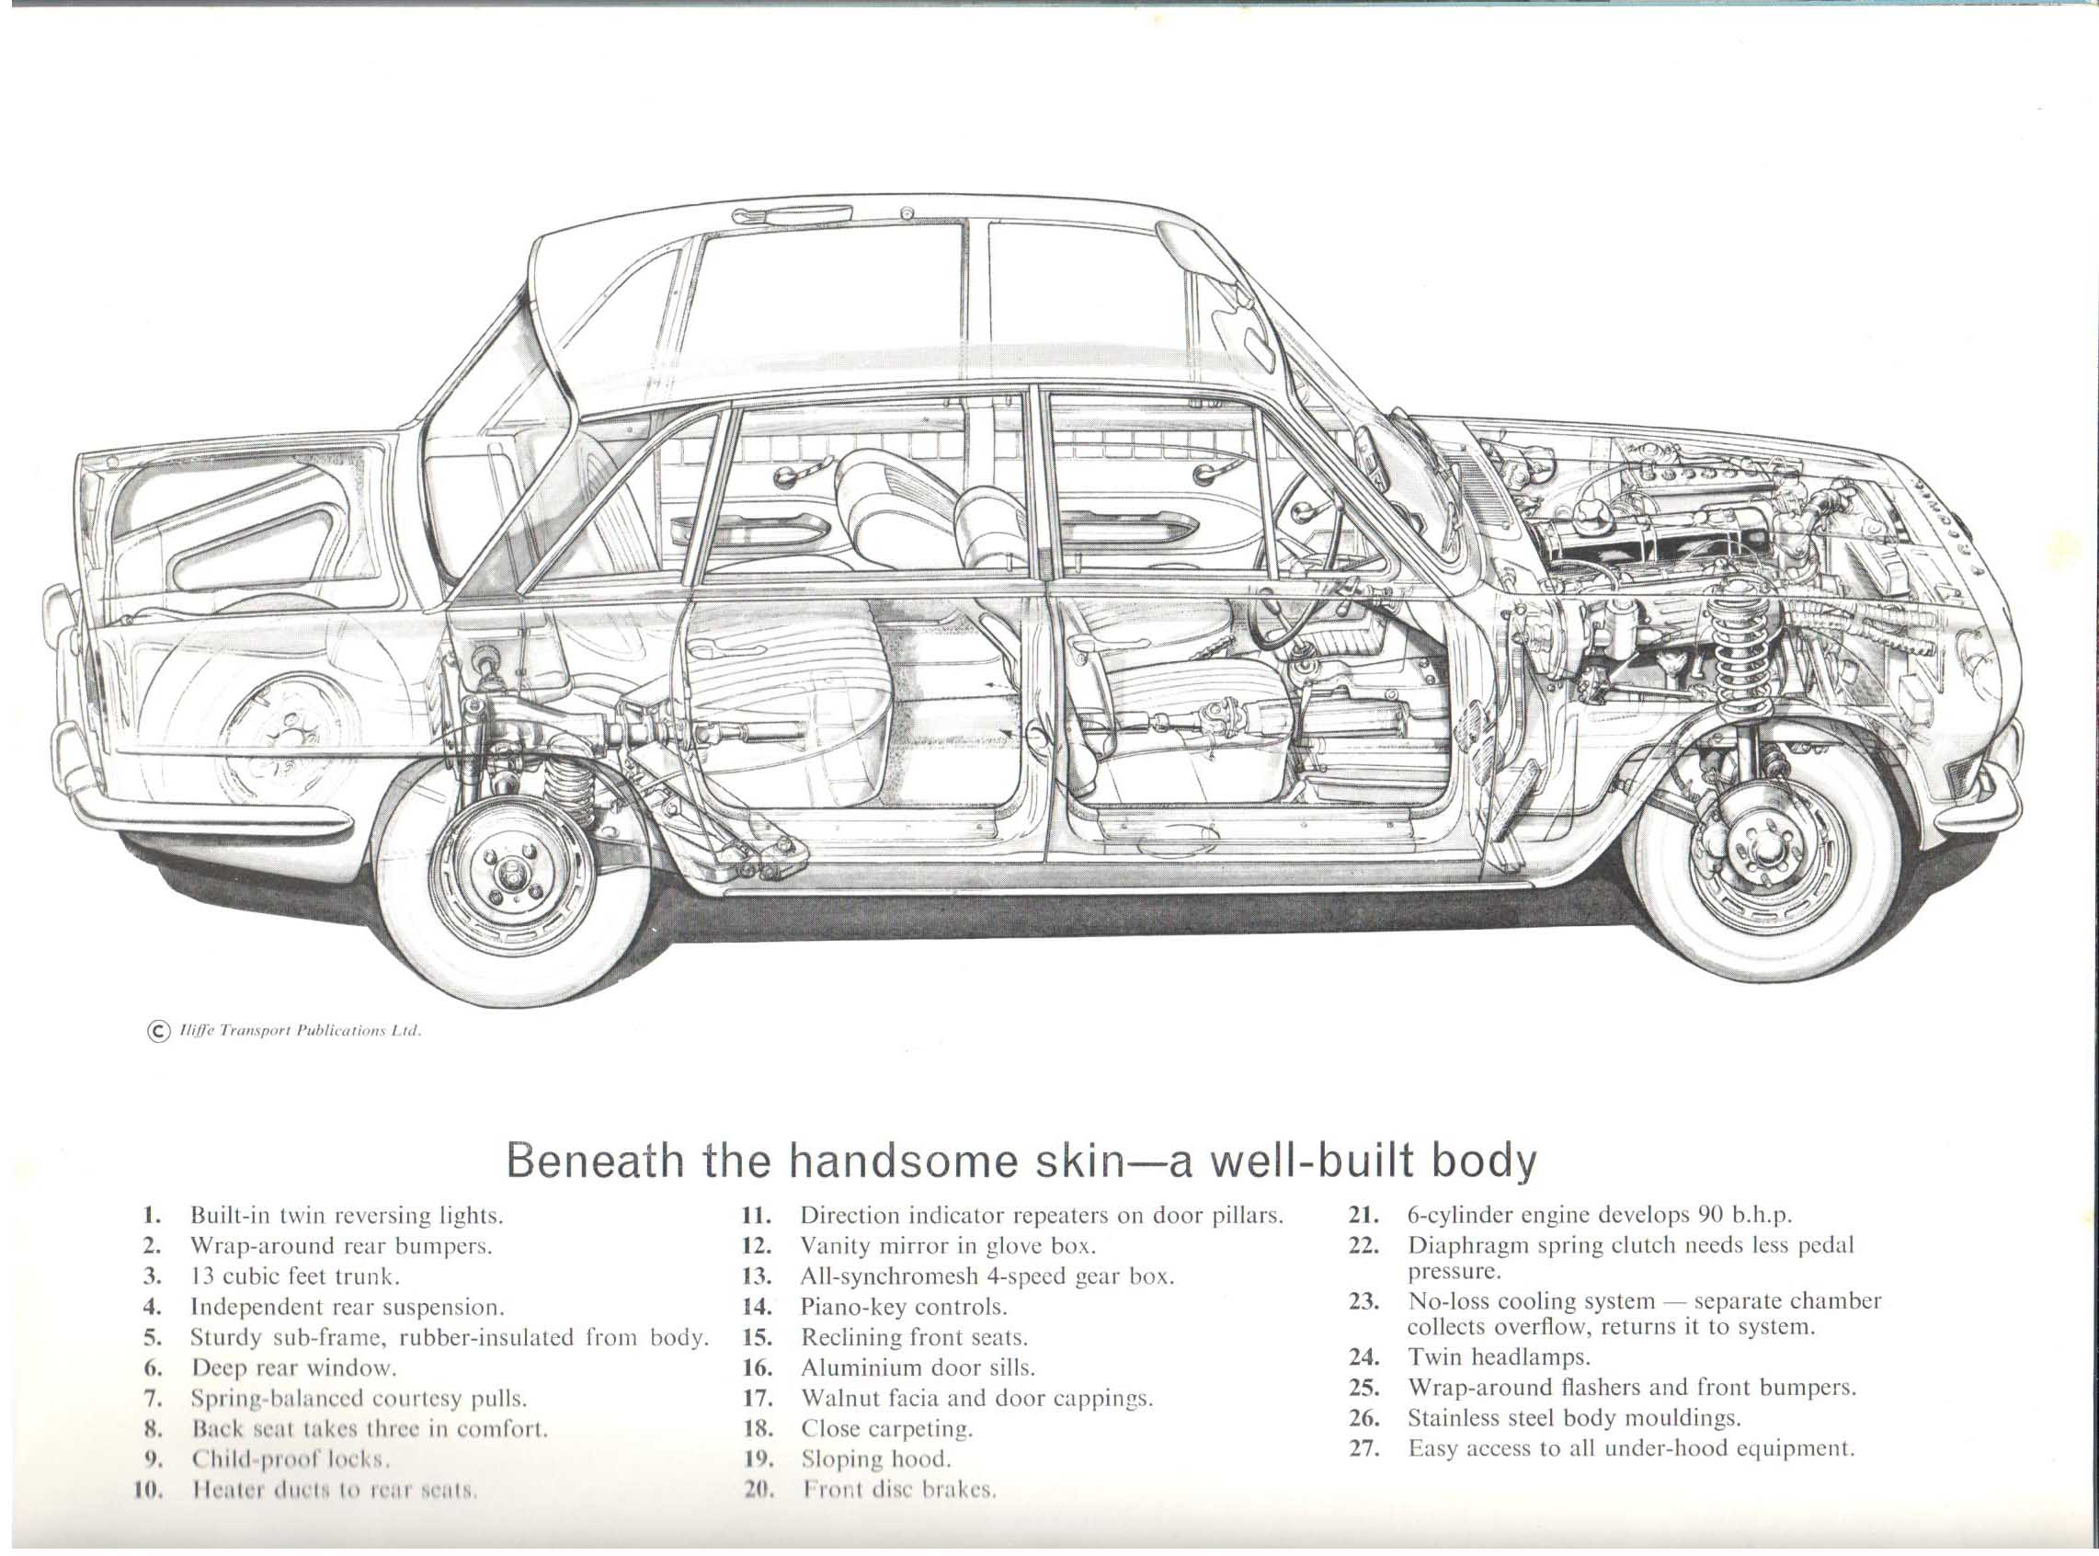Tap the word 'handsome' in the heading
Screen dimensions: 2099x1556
903,1161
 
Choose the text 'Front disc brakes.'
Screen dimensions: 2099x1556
898,1489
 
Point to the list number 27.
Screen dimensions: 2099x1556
1364,1447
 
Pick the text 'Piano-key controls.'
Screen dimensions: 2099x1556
903,1308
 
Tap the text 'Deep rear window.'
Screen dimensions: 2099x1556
294,1367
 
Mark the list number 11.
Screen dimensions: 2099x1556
757,1215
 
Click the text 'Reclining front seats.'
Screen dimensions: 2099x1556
913,1337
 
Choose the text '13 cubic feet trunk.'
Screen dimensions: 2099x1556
296,1276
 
